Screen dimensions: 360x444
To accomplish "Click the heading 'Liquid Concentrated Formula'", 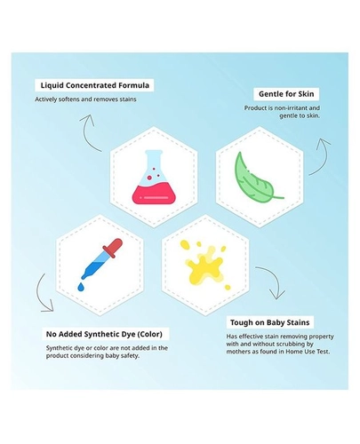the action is coord(95,85).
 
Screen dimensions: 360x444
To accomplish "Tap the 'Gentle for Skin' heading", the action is coord(286,94).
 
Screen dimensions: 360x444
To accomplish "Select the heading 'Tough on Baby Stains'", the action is coord(269,322).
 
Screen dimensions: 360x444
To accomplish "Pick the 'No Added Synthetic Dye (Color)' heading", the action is coord(104,334).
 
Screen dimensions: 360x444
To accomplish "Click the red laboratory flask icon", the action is coord(154,177).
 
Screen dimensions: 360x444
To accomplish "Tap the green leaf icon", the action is coord(257,178).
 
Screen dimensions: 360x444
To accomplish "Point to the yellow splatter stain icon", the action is coord(205,265).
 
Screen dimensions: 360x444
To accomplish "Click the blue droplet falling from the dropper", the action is coord(81,287).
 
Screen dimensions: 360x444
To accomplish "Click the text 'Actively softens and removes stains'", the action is coord(85,99).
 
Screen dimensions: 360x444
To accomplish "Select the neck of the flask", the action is coord(154,162).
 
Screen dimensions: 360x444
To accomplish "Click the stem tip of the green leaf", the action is coord(283,197).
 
